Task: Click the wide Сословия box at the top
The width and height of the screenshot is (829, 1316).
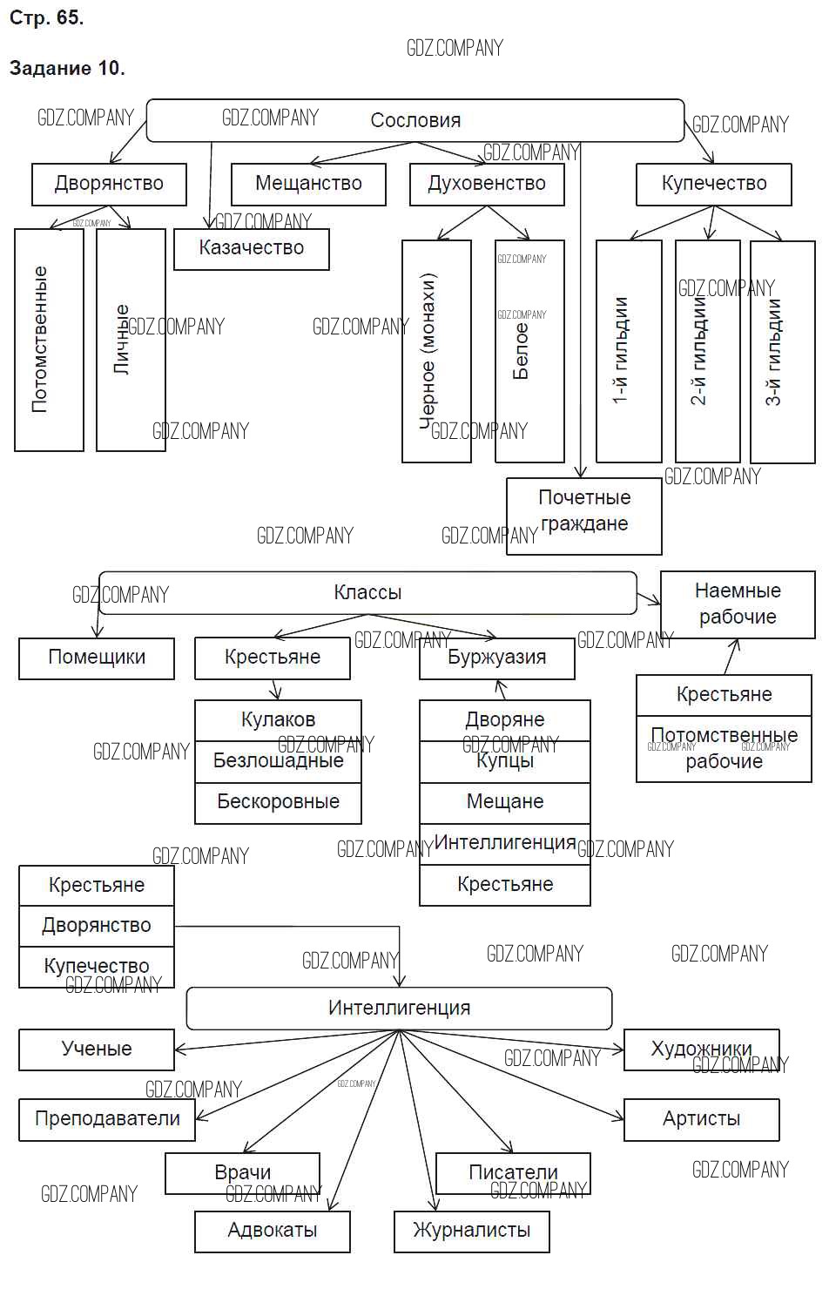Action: coord(415,120)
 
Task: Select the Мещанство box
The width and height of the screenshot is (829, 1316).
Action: coord(308,184)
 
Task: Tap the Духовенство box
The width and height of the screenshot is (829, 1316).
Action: coord(487,184)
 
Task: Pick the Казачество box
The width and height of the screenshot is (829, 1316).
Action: coord(251,248)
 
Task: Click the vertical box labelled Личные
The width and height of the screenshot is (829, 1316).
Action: coord(131,340)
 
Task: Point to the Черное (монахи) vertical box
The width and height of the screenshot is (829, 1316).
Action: coord(436,350)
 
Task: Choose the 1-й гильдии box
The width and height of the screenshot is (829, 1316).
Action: coord(629,350)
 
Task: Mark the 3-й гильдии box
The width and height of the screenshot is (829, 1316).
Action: coord(782,350)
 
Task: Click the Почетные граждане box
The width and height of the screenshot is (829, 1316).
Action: coord(584,516)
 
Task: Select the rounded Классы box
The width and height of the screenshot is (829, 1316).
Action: coord(367,593)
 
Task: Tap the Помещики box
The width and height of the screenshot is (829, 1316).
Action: coord(97,658)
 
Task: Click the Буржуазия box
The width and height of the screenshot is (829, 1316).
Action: coord(496,658)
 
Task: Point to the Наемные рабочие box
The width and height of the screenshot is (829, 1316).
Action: coord(738,604)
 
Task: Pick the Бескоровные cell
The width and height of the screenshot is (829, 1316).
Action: coord(278,802)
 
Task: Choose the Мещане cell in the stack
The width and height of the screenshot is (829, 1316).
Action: coord(505,802)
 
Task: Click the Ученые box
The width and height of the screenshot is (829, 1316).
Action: coord(97,1049)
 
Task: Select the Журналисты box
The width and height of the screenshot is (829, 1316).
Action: coord(471,1231)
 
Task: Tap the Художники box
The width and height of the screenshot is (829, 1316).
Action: coord(701,1049)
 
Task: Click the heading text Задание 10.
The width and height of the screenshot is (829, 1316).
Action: coord(67,68)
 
